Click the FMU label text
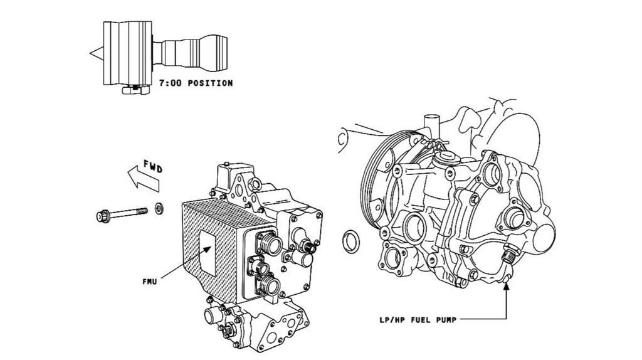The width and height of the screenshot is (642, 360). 149,282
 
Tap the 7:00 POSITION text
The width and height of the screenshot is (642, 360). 196,82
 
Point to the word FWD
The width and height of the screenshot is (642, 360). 154,168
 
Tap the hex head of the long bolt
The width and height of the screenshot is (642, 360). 102,216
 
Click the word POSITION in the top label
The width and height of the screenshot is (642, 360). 209,82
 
